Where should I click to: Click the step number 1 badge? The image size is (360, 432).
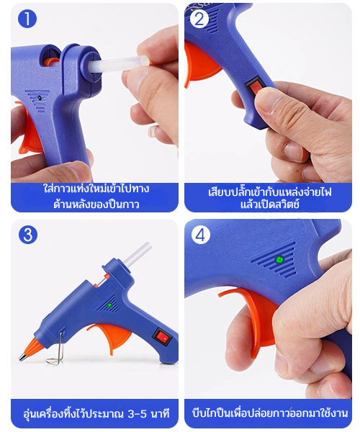(x=27, y=19)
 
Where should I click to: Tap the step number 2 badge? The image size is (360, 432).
(x=199, y=19)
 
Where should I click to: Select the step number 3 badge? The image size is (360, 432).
(x=28, y=235)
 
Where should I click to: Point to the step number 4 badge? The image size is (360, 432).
(x=201, y=235)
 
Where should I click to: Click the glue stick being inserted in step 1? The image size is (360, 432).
(x=119, y=65)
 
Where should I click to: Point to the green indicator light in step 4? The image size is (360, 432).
(x=279, y=259)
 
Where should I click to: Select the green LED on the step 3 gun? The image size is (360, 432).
(x=109, y=305)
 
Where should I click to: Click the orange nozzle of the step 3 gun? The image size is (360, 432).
(x=31, y=348)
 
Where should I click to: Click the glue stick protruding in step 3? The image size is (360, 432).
(x=138, y=254)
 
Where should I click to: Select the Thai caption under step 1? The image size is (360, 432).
(x=96, y=197)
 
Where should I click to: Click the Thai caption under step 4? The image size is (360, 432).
(x=270, y=413)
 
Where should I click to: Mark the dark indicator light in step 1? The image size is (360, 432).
(x=40, y=98)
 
